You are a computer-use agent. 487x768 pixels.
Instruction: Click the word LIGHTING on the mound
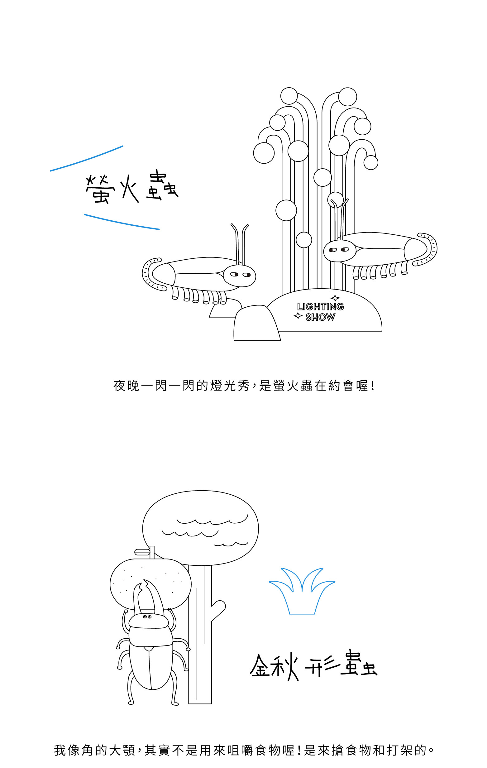pos(321,306)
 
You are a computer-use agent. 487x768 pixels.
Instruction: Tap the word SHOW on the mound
pos(320,317)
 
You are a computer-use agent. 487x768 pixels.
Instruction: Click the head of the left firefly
pos(239,276)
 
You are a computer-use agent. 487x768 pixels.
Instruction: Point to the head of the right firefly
pos(340,250)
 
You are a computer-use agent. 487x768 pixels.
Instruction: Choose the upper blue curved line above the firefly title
pos(86,159)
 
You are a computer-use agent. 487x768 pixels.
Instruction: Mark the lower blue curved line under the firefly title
pos(122,222)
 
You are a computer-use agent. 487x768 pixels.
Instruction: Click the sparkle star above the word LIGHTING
pos(335,298)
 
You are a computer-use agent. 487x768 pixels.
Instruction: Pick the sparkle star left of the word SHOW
pos(298,316)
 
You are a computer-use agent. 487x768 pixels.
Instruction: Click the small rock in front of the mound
pos(257,323)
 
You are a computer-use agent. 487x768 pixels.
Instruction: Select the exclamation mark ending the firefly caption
pos(373,386)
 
